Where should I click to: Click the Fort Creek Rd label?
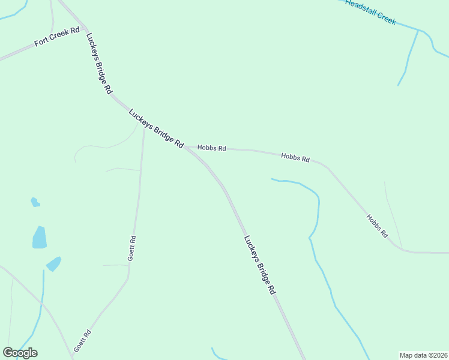click(x=57, y=37)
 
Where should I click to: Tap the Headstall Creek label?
click(x=370, y=12)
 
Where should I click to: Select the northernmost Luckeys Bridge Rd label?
click(x=99, y=63)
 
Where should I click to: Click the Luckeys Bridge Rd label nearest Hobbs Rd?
click(x=155, y=128)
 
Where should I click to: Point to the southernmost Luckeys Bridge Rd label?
click(x=259, y=264)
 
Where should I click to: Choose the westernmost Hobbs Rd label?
click(x=211, y=148)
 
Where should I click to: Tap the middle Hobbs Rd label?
click(x=295, y=158)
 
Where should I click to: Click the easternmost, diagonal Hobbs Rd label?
click(x=377, y=226)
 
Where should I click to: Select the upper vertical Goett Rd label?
click(x=131, y=248)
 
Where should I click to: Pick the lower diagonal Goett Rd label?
click(x=82, y=341)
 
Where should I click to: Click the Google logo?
click(x=20, y=353)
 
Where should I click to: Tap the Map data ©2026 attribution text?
click(x=423, y=355)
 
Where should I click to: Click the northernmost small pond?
click(x=35, y=202)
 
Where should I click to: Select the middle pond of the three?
click(x=40, y=238)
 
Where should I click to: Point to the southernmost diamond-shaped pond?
click(x=53, y=263)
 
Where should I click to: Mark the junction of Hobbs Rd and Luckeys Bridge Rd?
click(x=185, y=146)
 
